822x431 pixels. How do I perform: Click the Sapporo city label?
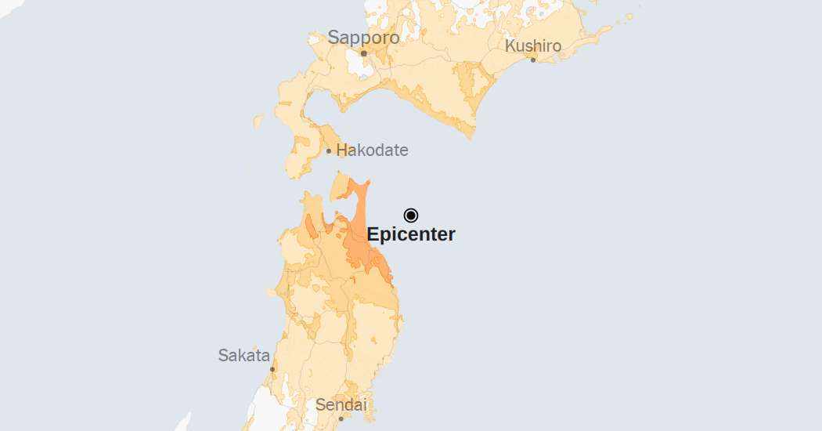click(x=363, y=37)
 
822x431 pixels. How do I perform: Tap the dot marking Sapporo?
click(x=363, y=53)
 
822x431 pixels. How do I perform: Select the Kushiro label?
click(x=533, y=45)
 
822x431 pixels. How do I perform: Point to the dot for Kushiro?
click(x=533, y=60)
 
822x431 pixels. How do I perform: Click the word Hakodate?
click(x=372, y=150)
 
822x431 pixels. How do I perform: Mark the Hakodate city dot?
click(x=329, y=150)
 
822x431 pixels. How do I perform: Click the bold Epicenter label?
click(x=411, y=234)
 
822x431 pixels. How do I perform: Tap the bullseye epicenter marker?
click(x=411, y=215)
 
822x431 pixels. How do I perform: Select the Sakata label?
click(x=243, y=355)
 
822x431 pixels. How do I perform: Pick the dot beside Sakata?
click(x=272, y=368)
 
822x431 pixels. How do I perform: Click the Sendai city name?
click(x=341, y=405)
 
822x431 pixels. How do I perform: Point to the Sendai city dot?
click(x=341, y=418)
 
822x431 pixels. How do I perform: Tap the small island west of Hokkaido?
click(x=258, y=122)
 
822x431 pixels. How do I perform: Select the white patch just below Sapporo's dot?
click(x=361, y=67)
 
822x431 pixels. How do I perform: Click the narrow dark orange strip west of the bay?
click(x=311, y=226)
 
